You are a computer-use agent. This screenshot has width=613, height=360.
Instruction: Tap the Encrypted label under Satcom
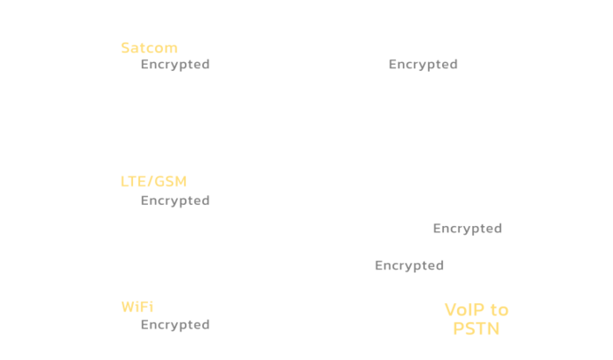pyautogui.click(x=175, y=64)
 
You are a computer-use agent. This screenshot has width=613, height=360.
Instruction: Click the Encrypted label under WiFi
pyautogui.click(x=175, y=324)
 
